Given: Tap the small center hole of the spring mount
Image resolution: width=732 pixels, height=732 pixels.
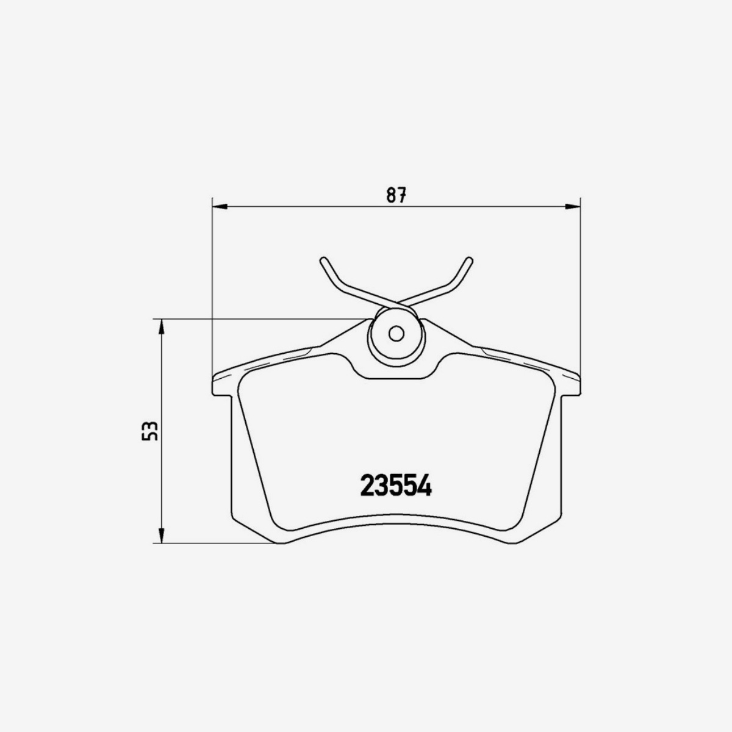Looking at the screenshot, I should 396,334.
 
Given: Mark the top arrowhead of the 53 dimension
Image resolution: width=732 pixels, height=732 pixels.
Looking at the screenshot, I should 162,326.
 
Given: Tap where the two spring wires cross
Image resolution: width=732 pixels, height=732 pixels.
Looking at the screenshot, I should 396,303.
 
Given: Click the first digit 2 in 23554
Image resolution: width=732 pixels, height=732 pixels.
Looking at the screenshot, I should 368,486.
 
